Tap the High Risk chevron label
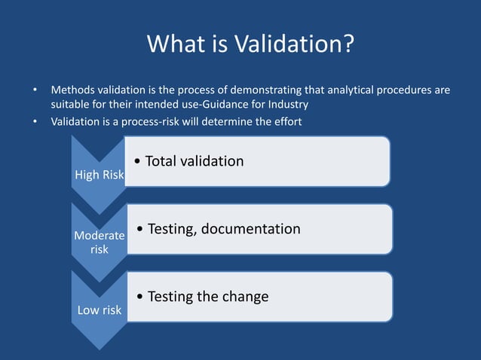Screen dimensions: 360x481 (99, 175)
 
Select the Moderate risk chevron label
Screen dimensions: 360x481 (100, 242)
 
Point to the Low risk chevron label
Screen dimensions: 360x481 (99, 310)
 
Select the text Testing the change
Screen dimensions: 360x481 (208, 297)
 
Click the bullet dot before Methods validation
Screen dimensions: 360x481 (34, 90)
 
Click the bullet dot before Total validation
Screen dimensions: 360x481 (135, 162)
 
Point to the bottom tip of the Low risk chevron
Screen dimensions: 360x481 (99, 348)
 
